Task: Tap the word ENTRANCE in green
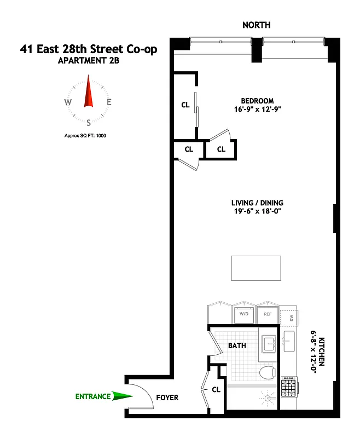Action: (92, 396)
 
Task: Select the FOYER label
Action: (167, 397)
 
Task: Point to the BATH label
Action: (237, 345)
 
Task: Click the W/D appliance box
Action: (243, 314)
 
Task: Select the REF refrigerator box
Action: (268, 314)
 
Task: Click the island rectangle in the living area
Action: (256, 267)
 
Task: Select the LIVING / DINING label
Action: (257, 203)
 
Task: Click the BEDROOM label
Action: (257, 101)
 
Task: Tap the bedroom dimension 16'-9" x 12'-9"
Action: (257, 109)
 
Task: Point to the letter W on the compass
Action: (68, 102)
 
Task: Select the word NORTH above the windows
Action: (257, 25)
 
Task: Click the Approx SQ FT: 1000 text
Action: (85, 135)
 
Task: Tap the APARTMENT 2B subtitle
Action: (88, 61)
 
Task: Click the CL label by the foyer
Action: (216, 390)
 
